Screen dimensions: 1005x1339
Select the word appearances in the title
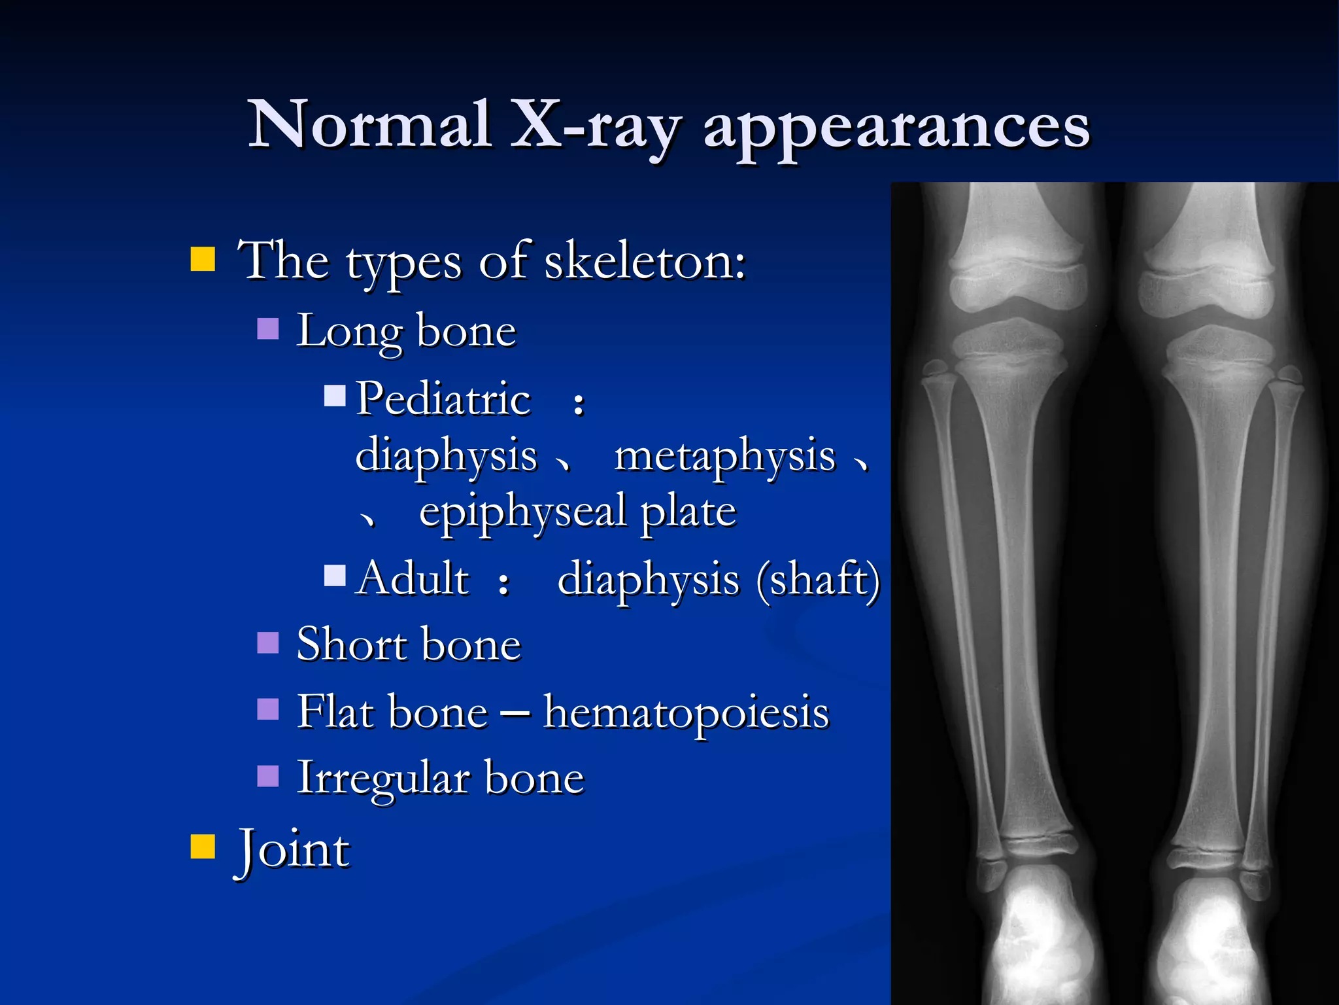tap(896, 128)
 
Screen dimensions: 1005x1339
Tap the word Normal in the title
tap(370, 124)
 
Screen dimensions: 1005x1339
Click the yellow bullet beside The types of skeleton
tap(203, 259)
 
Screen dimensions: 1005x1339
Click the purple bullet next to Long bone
tap(268, 328)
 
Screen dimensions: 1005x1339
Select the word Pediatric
tap(443, 398)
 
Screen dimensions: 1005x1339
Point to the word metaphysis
tap(724, 455)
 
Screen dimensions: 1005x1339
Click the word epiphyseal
tap(522, 511)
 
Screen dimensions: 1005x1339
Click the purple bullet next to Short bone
tap(268, 643)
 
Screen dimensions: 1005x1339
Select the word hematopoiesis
tap(686, 712)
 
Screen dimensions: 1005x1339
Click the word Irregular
tap(382, 779)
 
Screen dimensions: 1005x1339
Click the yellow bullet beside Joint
tap(203, 846)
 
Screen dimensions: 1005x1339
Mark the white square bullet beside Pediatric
tap(335, 396)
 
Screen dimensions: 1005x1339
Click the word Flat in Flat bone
tap(334, 712)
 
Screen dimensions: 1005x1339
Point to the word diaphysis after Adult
tap(648, 580)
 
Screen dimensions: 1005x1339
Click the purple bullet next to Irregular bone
tap(268, 776)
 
